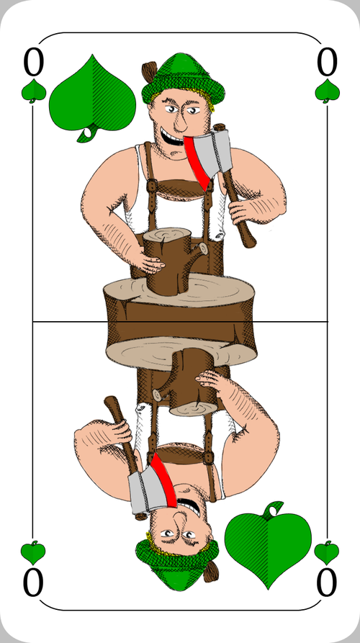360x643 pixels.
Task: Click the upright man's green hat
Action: (183, 80)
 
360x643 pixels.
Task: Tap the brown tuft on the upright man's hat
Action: (149, 71)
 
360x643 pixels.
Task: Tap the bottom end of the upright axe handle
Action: (249, 243)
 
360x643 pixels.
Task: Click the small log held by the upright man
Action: (172, 261)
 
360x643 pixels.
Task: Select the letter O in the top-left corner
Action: (33, 63)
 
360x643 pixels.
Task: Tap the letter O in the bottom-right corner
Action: (327, 583)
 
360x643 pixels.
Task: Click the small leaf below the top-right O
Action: (327, 91)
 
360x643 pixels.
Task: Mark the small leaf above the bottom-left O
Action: (33, 553)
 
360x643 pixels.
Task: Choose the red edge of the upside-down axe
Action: (163, 480)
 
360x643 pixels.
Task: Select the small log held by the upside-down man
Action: (186, 382)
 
